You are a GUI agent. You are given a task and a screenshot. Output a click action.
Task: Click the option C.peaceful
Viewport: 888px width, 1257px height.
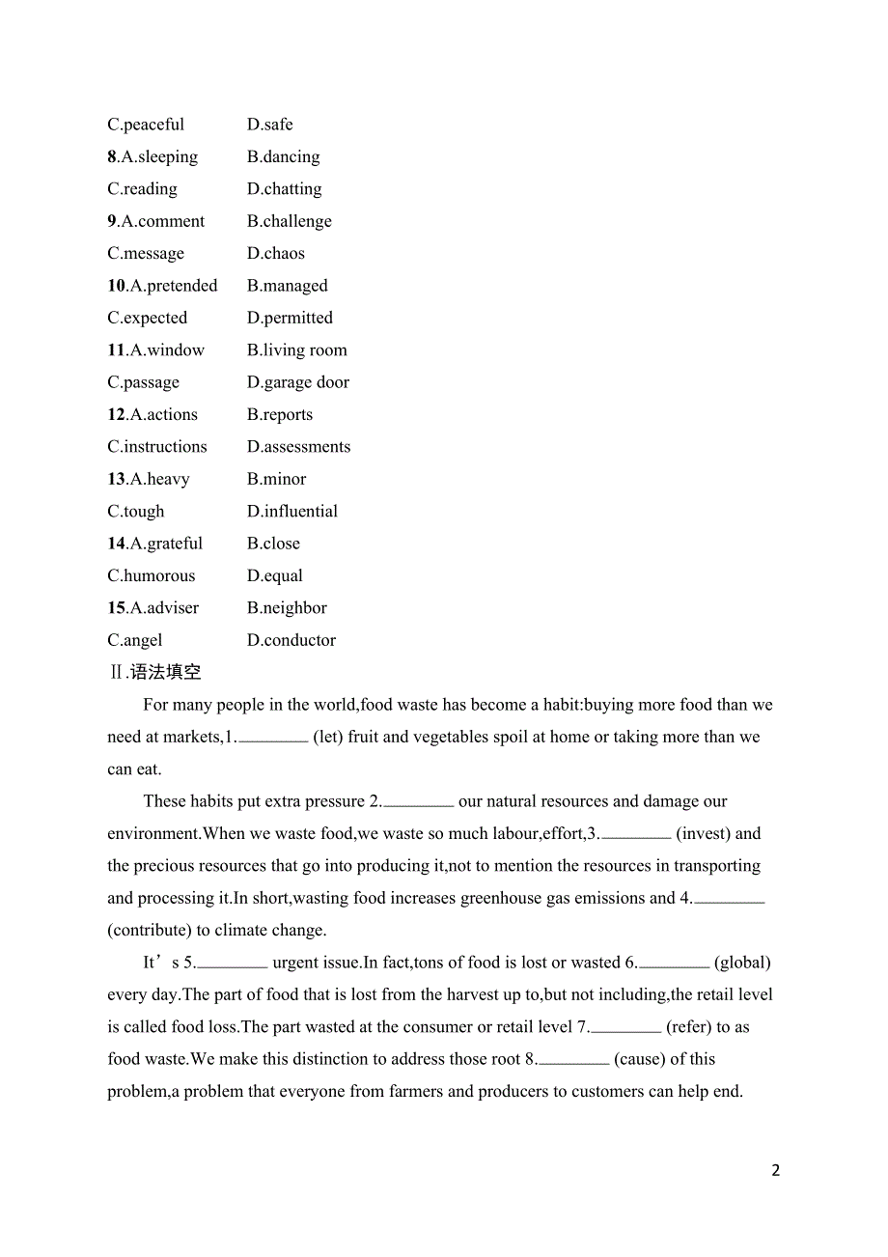point(146,125)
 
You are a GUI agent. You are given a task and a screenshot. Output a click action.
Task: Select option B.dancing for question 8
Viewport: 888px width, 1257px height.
point(283,156)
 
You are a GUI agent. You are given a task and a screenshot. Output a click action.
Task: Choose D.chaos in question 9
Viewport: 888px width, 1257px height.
point(275,253)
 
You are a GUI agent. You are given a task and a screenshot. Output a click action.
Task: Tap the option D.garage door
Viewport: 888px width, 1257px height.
point(297,382)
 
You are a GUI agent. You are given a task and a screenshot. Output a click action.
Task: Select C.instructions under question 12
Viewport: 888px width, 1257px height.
point(157,447)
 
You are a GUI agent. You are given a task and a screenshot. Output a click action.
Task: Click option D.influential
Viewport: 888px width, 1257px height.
point(291,511)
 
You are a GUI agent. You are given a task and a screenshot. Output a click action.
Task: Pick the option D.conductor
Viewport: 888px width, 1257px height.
point(291,640)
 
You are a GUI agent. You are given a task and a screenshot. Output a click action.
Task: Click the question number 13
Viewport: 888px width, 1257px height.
point(116,479)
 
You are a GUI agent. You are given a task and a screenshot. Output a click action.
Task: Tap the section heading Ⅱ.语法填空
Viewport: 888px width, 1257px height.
point(154,672)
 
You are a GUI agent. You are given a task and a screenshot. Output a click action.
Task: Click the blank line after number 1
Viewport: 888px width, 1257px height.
point(272,739)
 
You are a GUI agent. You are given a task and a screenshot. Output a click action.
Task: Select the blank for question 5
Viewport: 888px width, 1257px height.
point(232,964)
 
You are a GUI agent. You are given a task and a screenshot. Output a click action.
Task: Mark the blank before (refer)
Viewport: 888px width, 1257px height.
point(625,1029)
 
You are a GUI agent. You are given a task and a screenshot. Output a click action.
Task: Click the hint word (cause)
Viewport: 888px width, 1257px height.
point(639,1059)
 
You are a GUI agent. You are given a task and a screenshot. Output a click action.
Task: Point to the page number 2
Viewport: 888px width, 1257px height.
point(776,1170)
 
